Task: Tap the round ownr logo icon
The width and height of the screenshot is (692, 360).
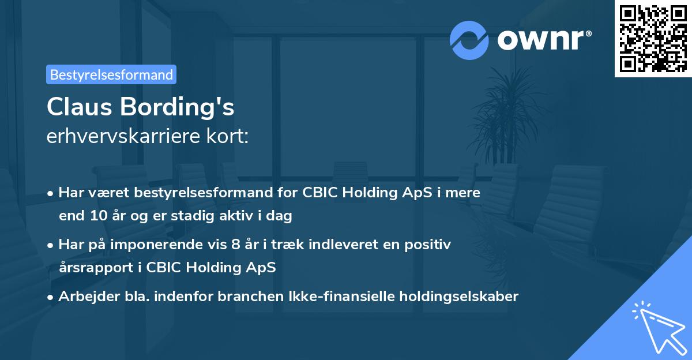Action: [469, 40]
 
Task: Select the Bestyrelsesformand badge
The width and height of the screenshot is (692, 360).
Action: [111, 74]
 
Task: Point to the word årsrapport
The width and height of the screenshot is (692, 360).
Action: [92, 268]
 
